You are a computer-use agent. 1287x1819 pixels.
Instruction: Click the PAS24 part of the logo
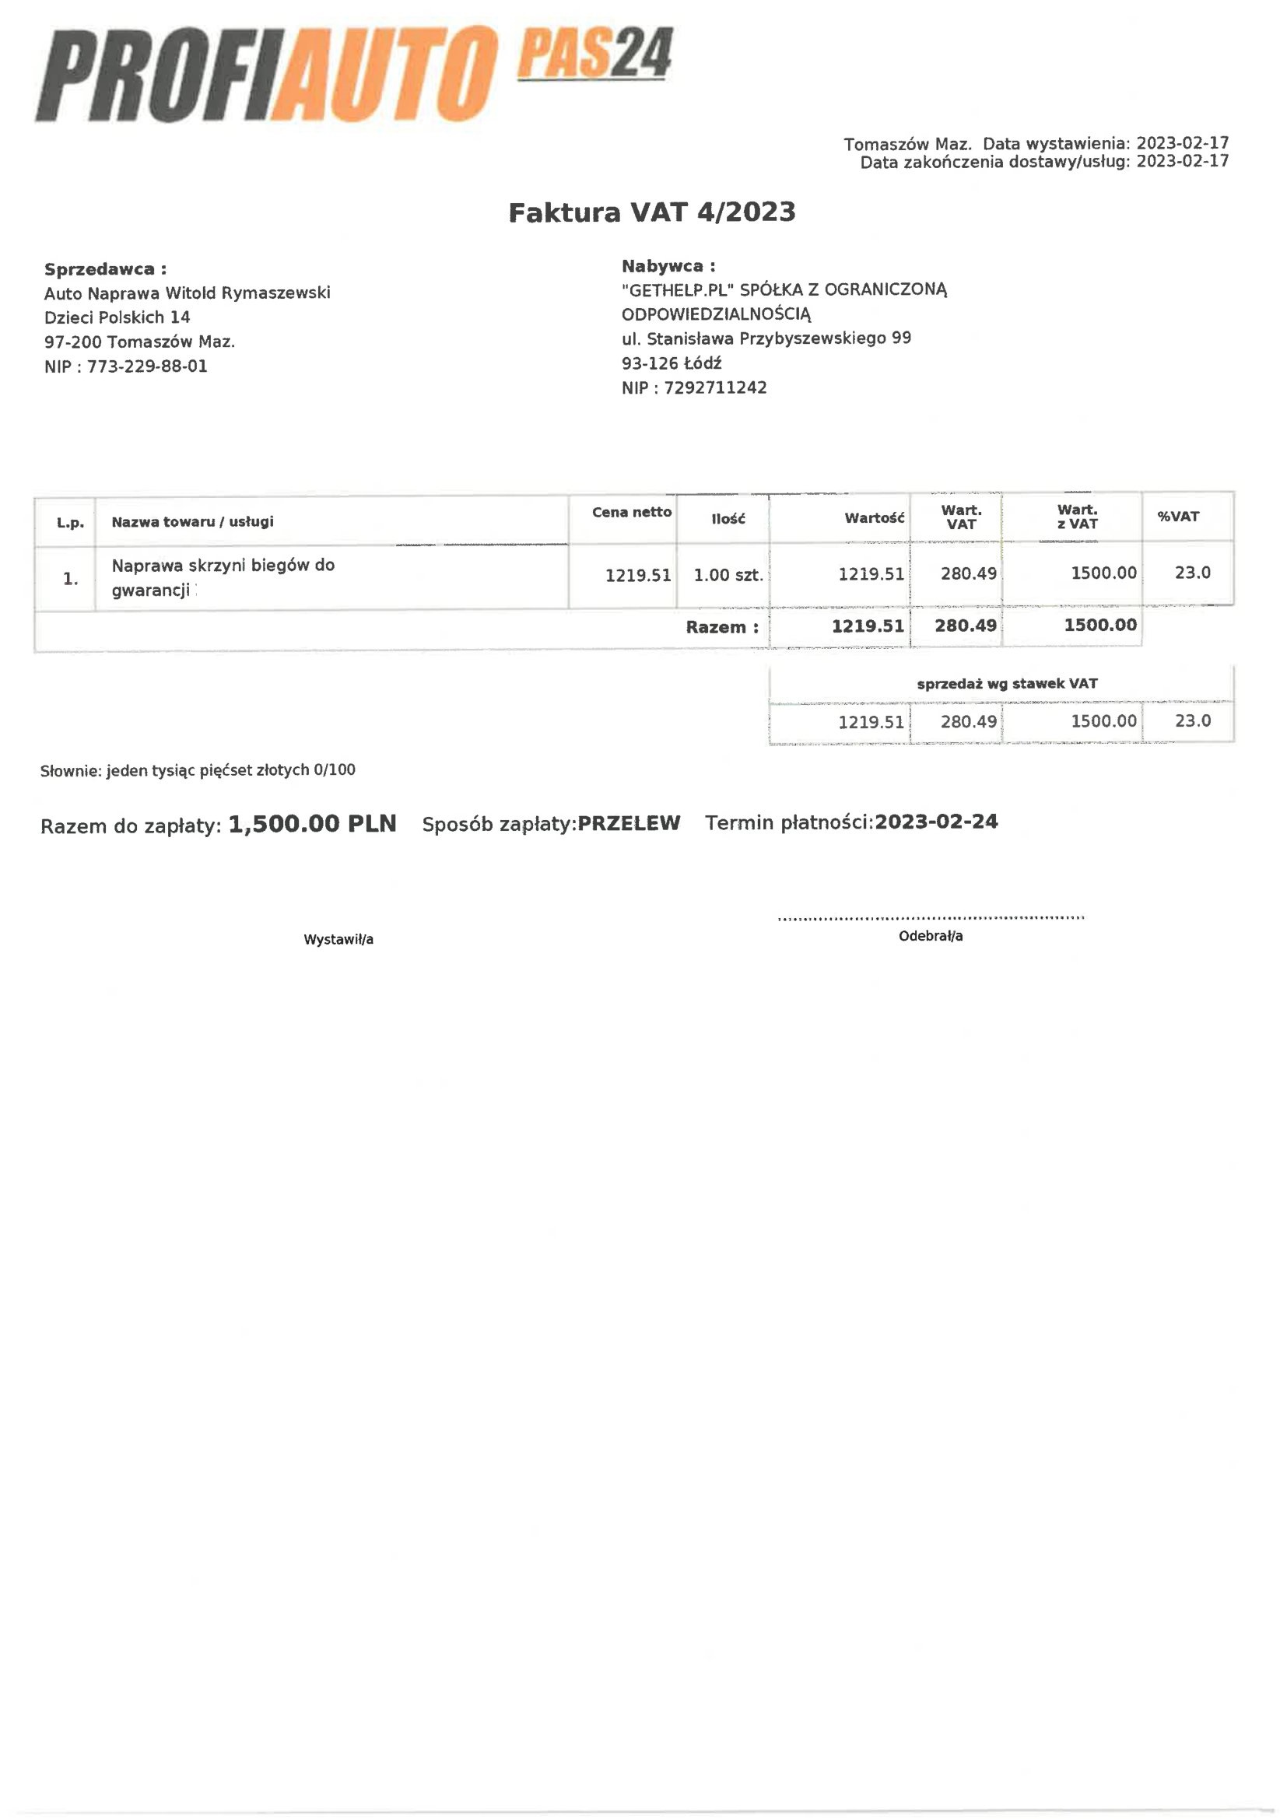click(594, 54)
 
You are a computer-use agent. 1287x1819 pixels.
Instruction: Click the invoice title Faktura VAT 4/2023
click(651, 212)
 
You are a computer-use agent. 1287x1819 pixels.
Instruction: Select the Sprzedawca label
click(105, 268)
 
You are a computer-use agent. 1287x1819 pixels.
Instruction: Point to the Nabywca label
click(668, 265)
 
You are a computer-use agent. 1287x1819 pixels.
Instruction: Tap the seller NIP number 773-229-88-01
click(147, 366)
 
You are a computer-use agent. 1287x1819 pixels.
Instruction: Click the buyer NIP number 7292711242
click(716, 387)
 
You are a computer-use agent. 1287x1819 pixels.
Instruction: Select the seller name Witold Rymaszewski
click(247, 293)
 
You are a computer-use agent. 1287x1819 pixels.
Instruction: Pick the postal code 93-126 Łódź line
click(672, 363)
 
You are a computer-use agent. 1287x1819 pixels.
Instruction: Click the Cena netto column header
click(632, 512)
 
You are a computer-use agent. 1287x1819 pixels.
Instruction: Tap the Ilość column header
click(728, 519)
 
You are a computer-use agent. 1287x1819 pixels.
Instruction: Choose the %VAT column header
click(1177, 517)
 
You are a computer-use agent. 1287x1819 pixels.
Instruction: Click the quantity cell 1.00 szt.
click(728, 575)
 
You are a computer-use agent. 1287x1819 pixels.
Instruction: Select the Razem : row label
click(722, 627)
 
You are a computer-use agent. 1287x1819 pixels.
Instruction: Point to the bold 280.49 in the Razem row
click(965, 626)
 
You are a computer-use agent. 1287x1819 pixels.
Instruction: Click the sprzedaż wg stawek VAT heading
click(1006, 684)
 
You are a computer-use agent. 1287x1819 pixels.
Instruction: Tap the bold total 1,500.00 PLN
click(312, 824)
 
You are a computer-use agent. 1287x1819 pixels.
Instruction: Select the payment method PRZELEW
click(629, 823)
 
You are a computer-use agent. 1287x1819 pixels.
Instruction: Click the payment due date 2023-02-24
click(936, 822)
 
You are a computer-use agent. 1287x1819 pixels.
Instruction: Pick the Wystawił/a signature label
click(338, 940)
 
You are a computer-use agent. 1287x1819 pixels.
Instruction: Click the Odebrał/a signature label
click(931, 937)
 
